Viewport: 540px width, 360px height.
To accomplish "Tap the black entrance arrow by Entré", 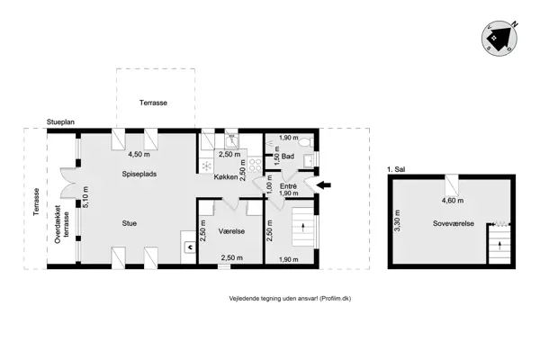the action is tap(324, 185).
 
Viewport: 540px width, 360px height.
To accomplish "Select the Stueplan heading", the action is tap(60, 122).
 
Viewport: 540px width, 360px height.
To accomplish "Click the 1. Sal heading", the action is tap(396, 169).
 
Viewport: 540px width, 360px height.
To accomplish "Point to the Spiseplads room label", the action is tap(139, 174).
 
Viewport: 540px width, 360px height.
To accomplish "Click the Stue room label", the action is tap(129, 223).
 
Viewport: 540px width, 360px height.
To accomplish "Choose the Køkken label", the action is tap(226, 177).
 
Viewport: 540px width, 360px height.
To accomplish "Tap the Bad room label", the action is tap(288, 157).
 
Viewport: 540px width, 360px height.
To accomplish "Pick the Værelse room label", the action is tap(231, 231).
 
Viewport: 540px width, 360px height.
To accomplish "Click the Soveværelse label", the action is tap(454, 223).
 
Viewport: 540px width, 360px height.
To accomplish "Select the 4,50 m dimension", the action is tap(139, 154).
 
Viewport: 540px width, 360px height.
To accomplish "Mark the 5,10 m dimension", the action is tap(85, 197).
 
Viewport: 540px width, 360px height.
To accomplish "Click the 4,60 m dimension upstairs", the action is tap(453, 200).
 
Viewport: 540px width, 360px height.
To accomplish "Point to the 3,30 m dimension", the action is tap(397, 220).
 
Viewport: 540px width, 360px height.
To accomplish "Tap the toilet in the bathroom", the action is tap(305, 142).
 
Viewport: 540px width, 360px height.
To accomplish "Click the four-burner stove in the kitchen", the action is tap(256, 165).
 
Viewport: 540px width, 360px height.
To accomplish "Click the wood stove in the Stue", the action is tap(190, 247).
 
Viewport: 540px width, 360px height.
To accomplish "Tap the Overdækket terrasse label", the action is tap(61, 225).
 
